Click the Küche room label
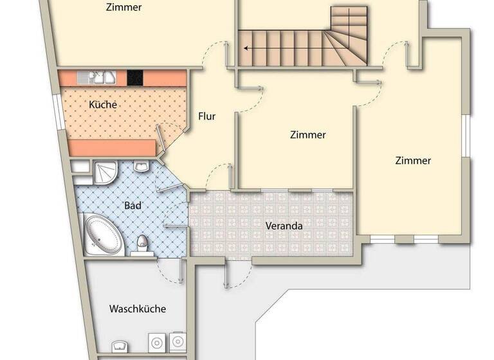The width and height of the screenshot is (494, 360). point(103,104)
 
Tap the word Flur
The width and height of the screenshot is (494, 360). point(206,116)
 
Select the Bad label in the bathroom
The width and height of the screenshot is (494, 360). point(132,206)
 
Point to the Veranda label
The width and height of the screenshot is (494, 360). point(284,226)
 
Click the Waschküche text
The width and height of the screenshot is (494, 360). point(138,309)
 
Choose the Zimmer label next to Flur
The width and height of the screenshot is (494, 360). point(307,135)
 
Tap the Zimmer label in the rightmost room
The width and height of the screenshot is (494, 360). point(413,161)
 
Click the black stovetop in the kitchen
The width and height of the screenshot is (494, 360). point(134,78)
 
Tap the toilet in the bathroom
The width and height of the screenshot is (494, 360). point(143,244)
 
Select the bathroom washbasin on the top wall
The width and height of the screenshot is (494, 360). point(143,167)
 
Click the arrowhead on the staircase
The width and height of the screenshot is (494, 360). point(246,48)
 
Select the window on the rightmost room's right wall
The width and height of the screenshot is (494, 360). point(467,138)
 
